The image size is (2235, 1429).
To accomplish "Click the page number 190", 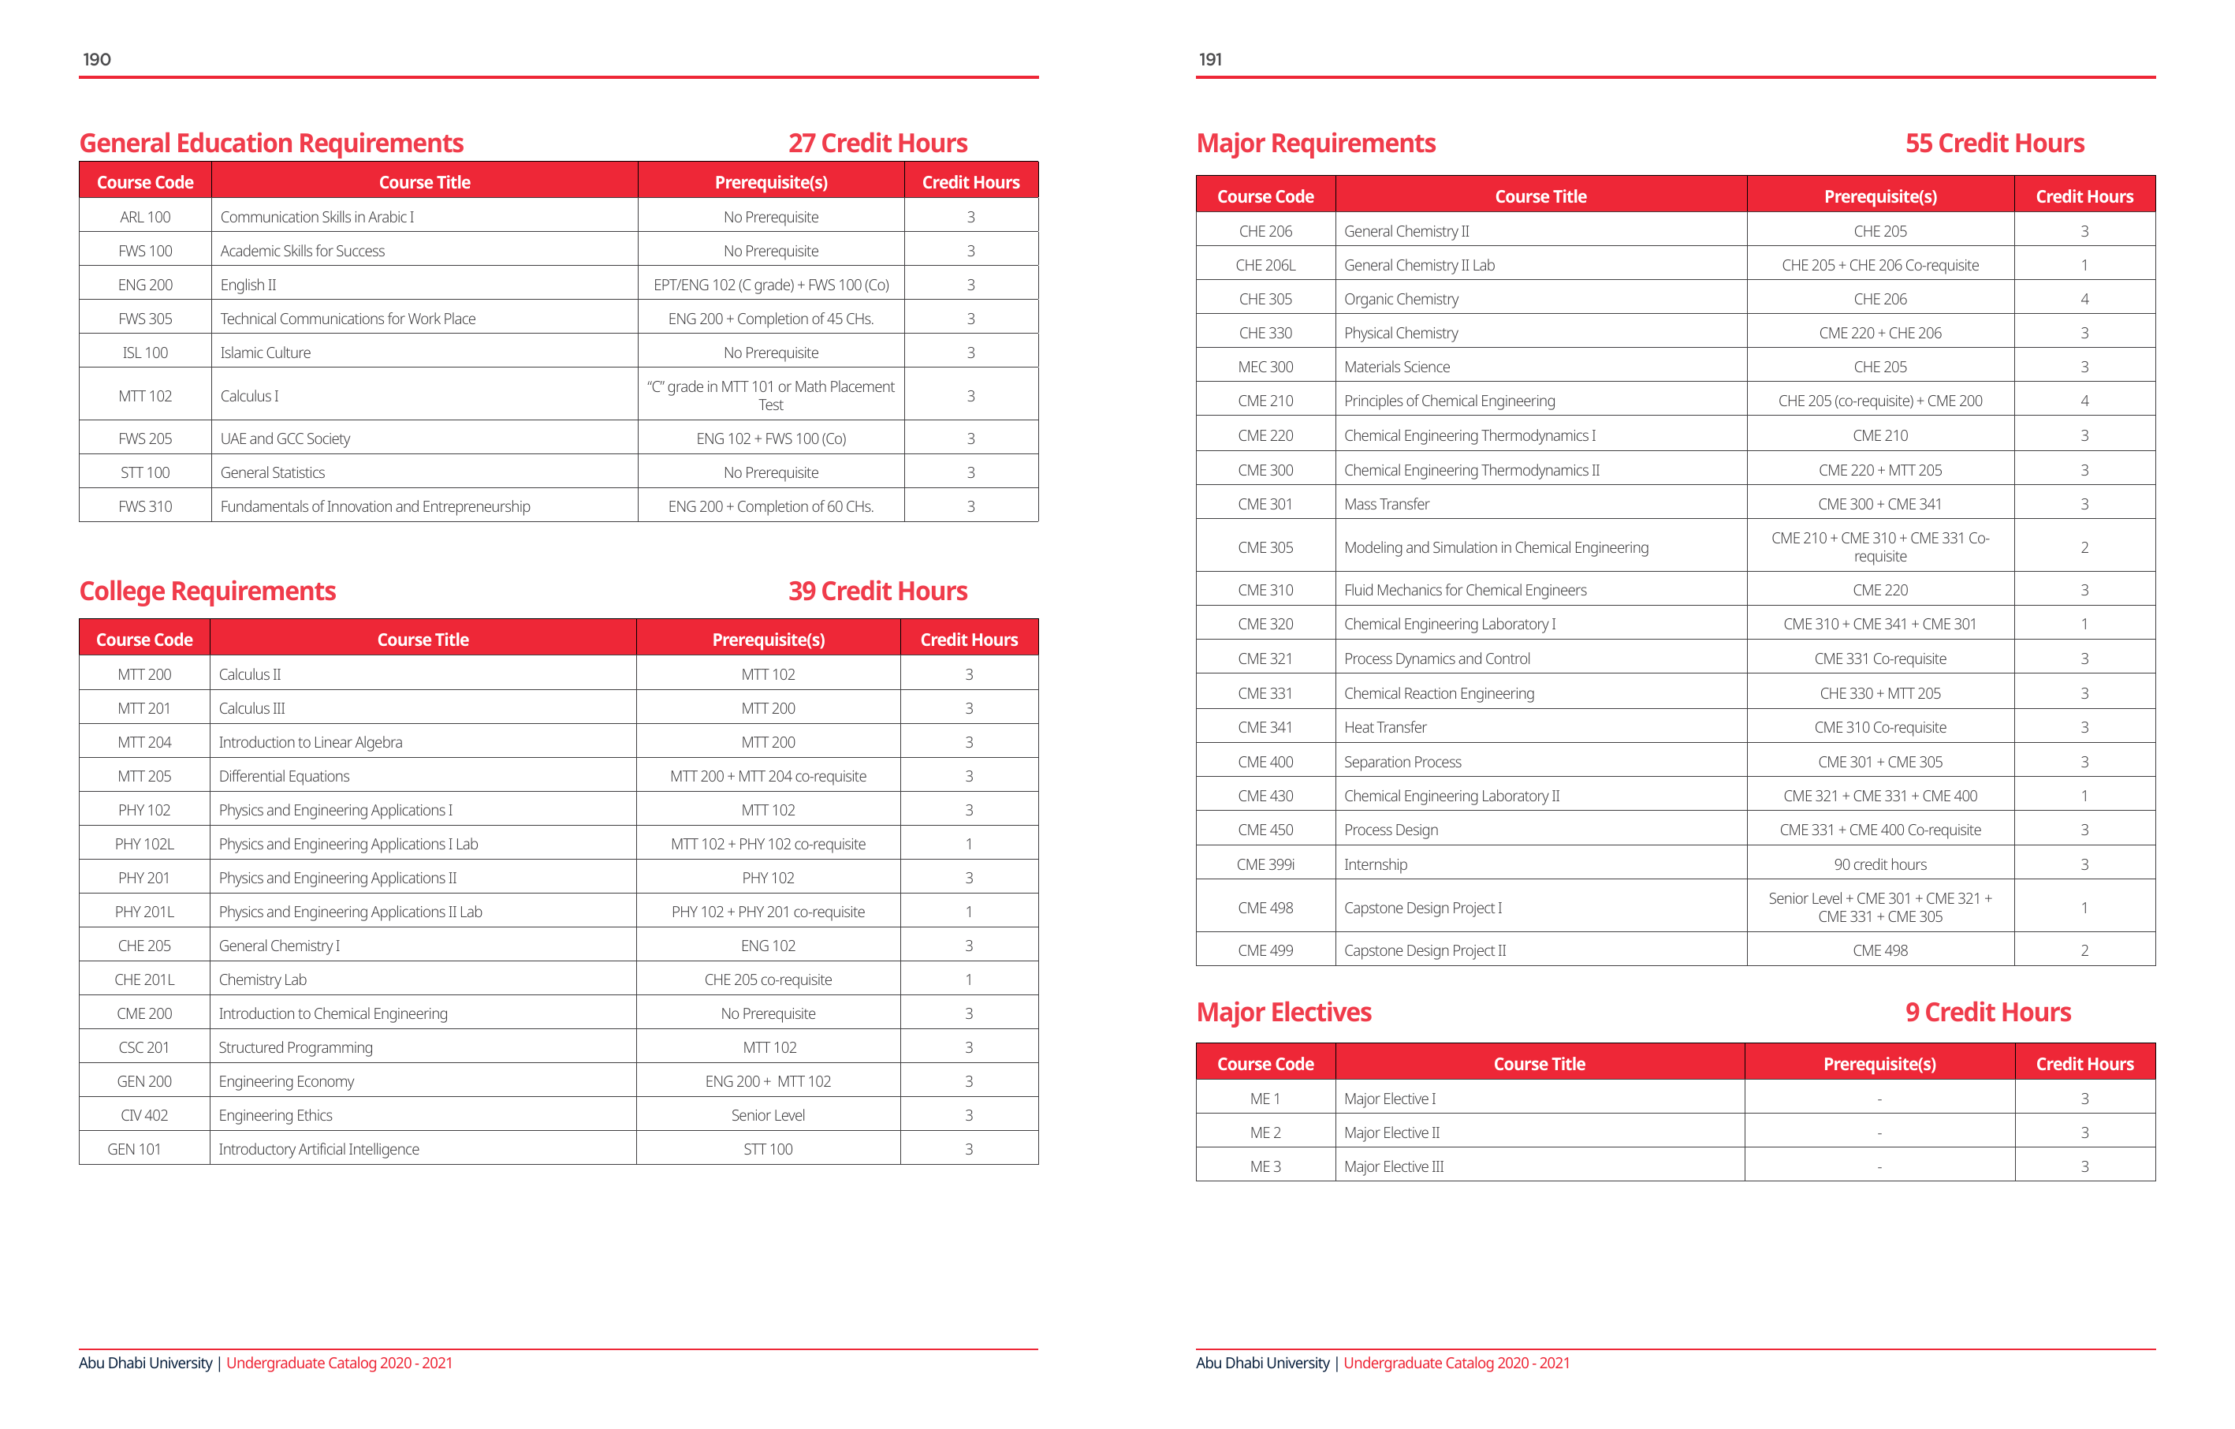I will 96,59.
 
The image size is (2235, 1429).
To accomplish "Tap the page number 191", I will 1210,59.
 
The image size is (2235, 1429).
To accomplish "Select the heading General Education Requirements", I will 271,143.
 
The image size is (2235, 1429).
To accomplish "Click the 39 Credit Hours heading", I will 877,591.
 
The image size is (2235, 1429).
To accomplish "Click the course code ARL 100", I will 145,218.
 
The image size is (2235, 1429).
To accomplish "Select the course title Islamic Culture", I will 266,353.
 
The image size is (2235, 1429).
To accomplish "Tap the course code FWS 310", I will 145,506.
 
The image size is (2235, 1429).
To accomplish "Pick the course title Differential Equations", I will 284,776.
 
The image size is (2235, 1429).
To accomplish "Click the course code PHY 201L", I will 143,912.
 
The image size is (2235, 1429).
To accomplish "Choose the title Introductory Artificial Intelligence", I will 318,1150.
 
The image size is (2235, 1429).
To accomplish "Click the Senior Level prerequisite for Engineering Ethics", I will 768,1115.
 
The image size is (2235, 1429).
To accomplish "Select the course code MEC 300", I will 1265,367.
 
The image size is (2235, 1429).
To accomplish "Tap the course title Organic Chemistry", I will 1401,299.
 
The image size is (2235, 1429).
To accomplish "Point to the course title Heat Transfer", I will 1385,727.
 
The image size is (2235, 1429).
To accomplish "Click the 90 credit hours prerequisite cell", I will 1879,864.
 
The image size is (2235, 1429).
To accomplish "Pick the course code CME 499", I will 1265,951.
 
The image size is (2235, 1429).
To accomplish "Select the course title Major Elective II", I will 1391,1132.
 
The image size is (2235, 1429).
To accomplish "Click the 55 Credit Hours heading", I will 1995,143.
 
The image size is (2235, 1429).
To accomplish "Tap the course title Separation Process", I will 1402,763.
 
